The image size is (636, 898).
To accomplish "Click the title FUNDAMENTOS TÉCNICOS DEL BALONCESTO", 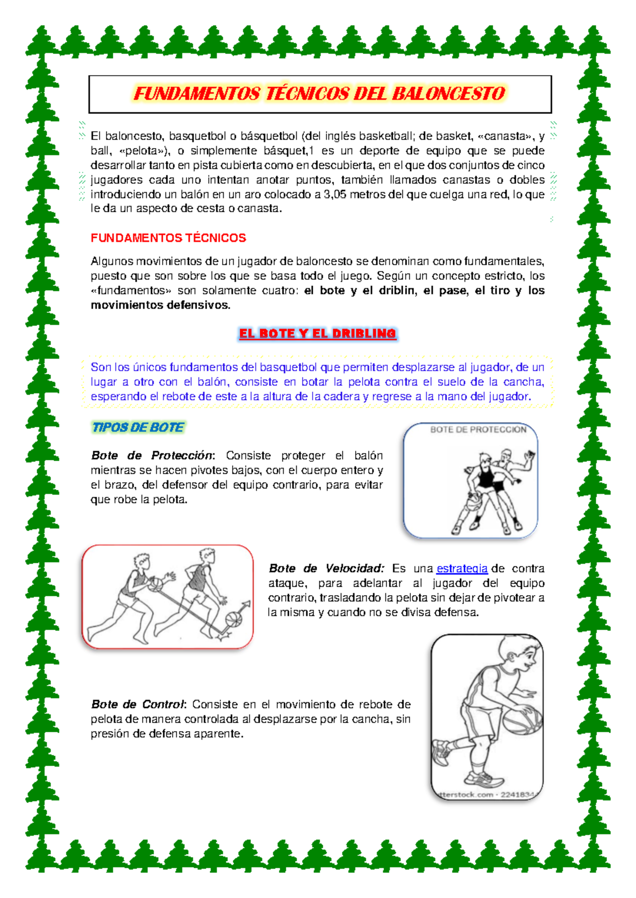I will coord(320,94).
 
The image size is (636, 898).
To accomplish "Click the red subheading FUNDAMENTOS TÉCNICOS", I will coord(168,238).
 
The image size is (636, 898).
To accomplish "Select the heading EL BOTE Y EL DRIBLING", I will coord(317,334).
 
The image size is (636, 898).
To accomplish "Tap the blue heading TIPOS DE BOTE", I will coord(138,427).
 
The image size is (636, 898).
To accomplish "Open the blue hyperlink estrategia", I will coord(462,568).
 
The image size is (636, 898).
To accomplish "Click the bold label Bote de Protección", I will coord(152,455).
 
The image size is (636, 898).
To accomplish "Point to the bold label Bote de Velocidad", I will coord(325,568).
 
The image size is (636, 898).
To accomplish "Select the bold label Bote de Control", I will coord(137,704).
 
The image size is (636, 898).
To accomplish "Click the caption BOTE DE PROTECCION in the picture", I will coord(478,429).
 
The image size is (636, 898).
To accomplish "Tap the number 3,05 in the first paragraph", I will coord(334,194).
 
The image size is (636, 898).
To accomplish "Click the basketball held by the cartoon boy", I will coord(522,720).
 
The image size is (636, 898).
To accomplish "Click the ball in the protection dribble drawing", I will coord(473,500).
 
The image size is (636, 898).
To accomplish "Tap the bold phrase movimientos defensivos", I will coord(160,305).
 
